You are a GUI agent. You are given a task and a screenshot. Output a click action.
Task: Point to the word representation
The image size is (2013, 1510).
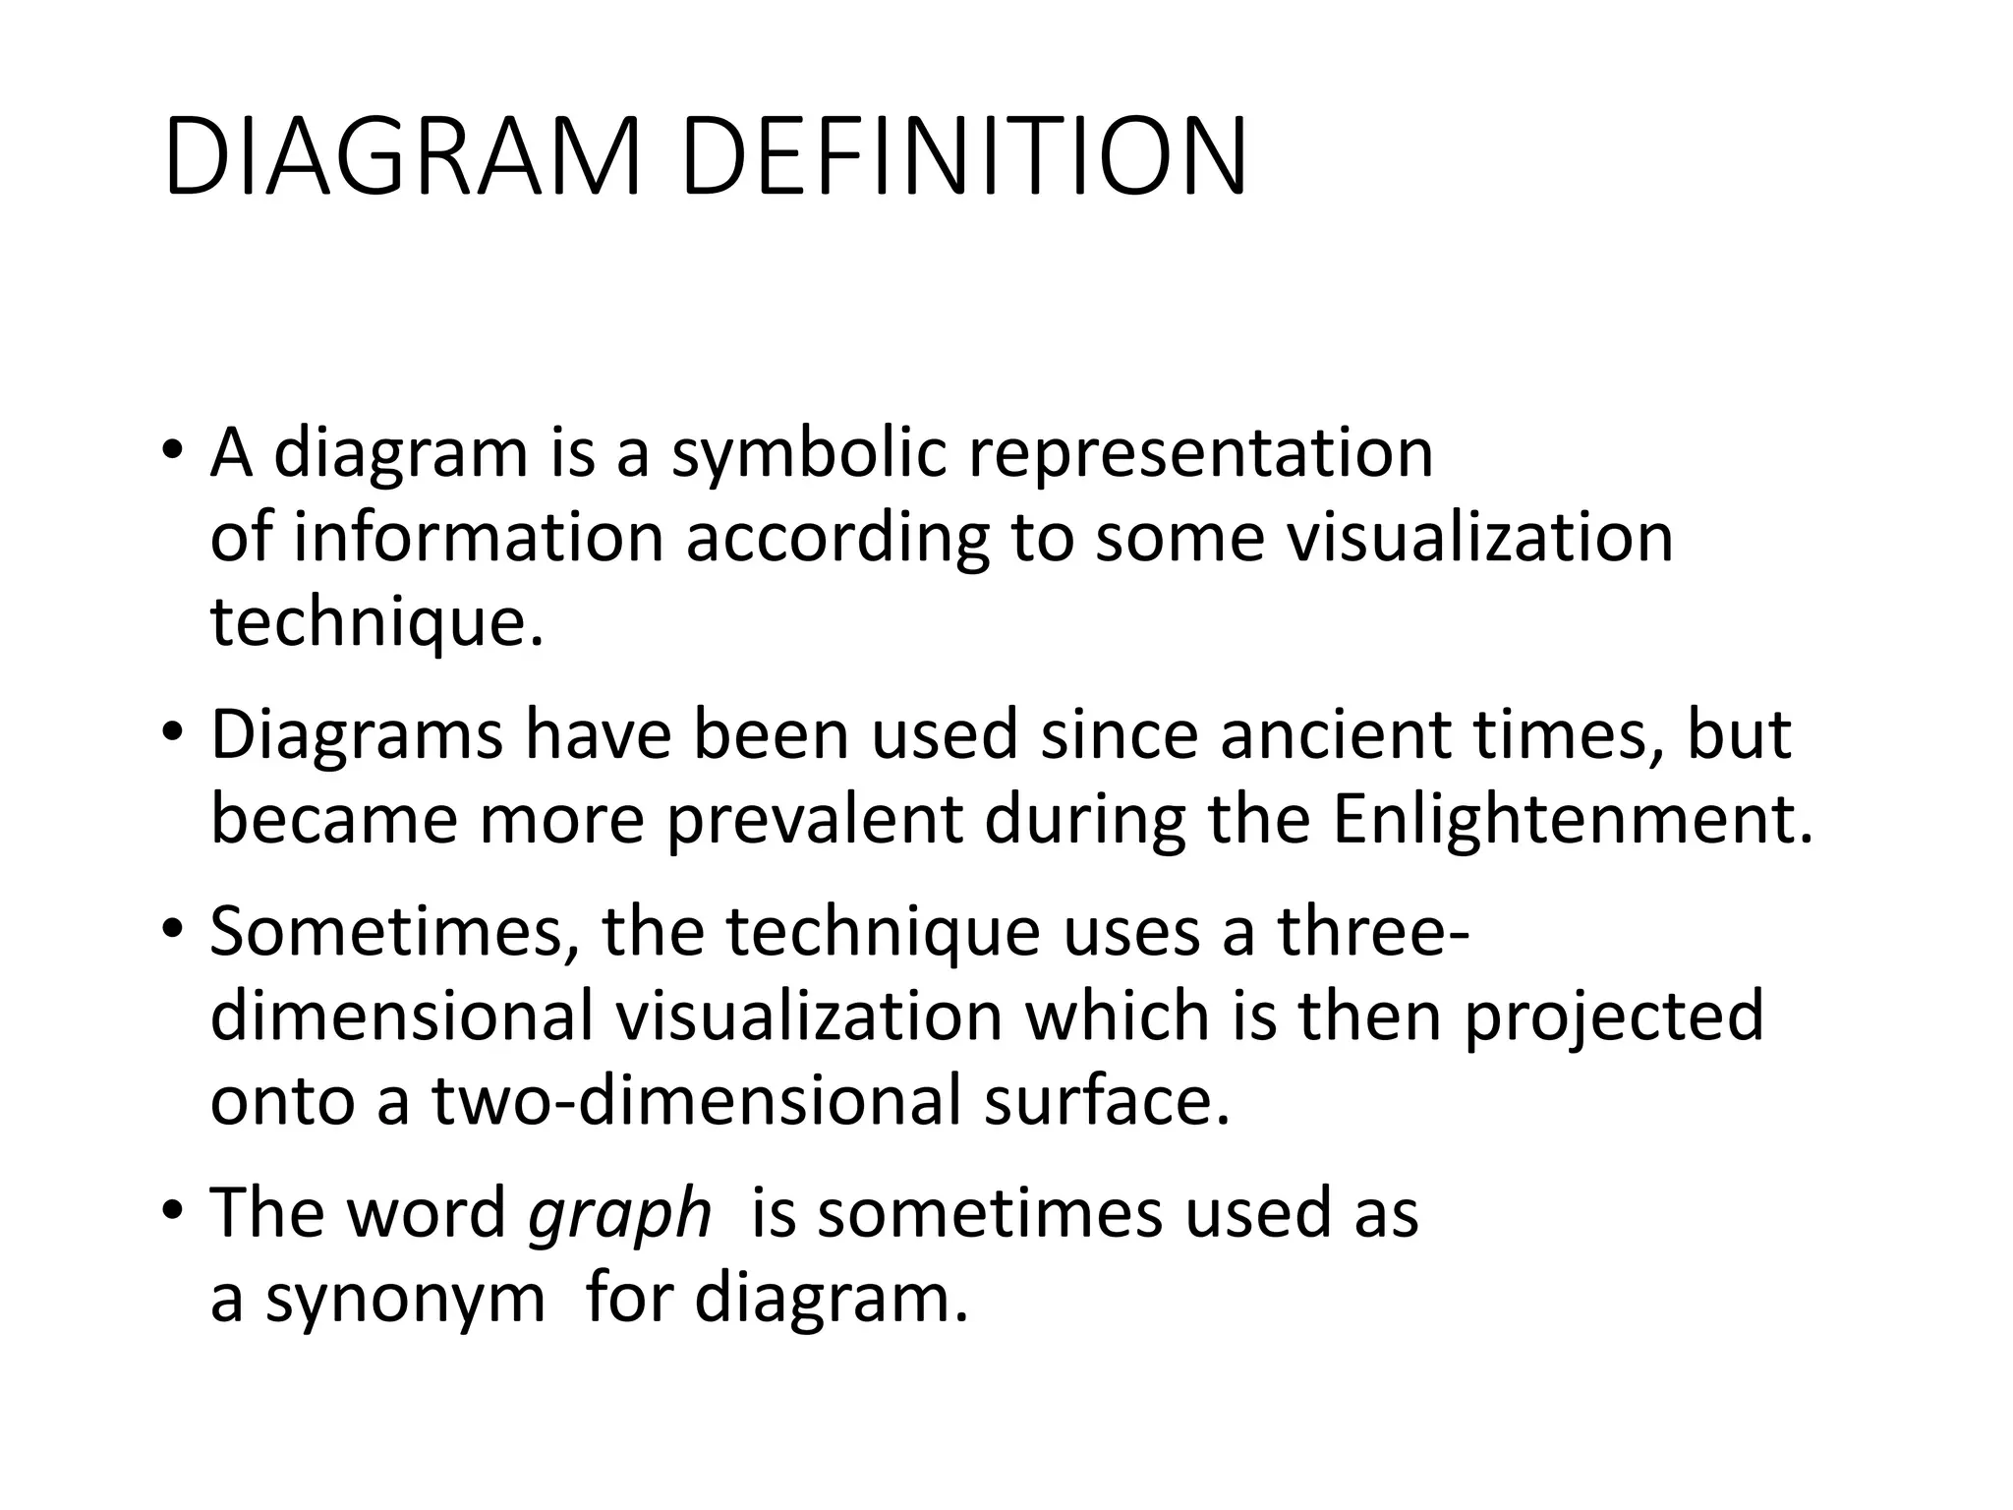pos(1201,454)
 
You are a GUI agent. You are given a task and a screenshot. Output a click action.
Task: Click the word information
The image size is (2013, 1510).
pos(479,539)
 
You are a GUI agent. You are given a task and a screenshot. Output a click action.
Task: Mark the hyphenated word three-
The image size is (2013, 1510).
pos(1373,932)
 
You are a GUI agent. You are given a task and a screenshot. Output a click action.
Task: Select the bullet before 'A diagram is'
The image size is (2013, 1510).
pos(173,452)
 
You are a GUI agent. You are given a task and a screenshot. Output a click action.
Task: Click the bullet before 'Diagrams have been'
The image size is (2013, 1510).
pos(173,733)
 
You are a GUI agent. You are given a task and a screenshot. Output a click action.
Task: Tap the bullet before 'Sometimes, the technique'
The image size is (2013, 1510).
pos(173,930)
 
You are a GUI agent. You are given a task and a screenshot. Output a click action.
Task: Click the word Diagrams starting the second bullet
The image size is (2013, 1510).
pos(356,735)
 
